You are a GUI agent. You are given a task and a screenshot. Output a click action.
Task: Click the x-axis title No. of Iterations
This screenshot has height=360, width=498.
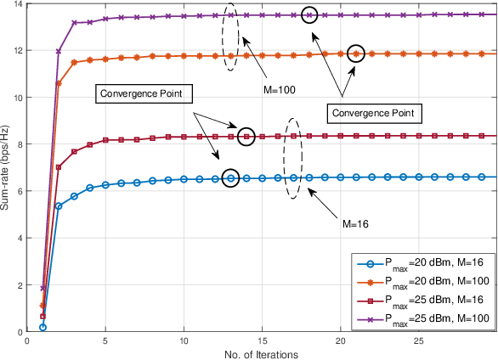click(263, 354)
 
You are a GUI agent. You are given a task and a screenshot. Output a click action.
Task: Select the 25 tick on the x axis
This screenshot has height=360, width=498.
click(420, 340)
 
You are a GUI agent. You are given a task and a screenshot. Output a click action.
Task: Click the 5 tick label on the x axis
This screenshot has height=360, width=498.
click(105, 340)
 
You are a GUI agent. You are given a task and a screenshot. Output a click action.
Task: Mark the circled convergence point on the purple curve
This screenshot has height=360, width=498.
click(309, 14)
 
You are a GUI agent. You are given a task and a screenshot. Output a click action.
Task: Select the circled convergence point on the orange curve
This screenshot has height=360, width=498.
click(357, 53)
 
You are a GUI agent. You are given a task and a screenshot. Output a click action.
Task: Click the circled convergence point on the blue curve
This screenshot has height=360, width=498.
click(231, 177)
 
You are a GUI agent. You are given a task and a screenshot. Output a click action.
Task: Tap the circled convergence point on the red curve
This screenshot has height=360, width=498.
click(246, 136)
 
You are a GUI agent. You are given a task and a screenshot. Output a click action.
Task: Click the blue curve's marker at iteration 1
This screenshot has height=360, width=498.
click(42, 327)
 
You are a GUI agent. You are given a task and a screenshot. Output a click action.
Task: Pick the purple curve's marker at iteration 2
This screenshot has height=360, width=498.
click(59, 52)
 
